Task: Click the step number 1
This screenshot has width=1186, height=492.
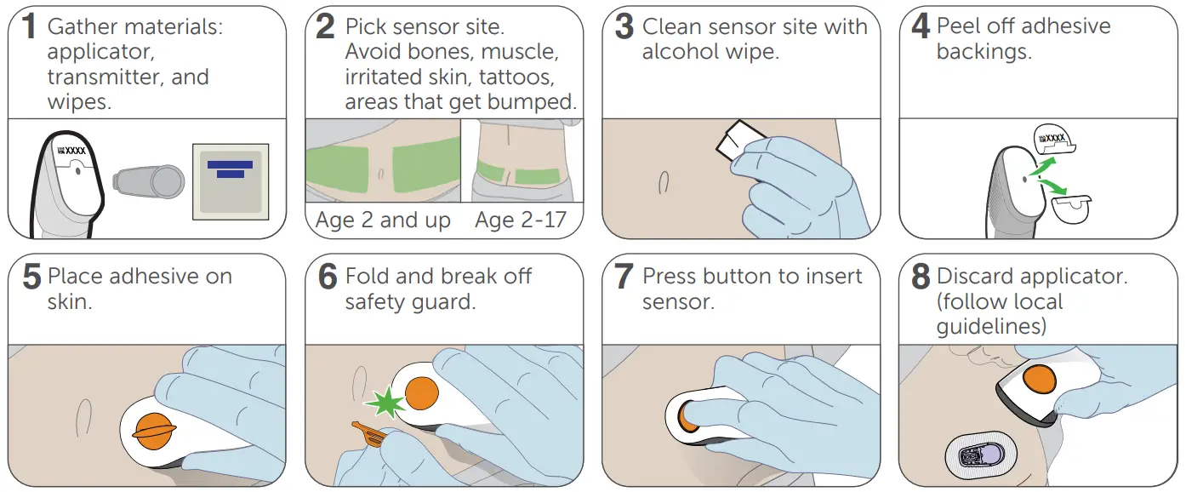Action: click(28, 27)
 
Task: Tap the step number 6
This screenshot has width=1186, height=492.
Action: click(326, 277)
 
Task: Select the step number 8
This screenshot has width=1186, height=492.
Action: click(921, 277)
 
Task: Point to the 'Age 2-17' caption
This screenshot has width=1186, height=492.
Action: click(521, 220)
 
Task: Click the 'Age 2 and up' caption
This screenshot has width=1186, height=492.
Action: click(383, 220)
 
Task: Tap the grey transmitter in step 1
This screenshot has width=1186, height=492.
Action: click(149, 180)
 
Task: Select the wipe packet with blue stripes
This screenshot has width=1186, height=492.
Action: click(231, 181)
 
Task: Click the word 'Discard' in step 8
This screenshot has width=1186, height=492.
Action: click(975, 277)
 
